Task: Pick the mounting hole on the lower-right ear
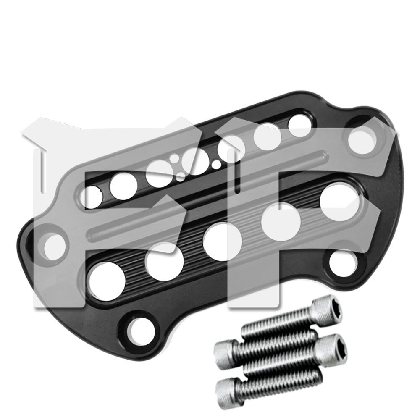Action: coord(344,262)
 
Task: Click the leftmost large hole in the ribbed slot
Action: coord(108,280)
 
